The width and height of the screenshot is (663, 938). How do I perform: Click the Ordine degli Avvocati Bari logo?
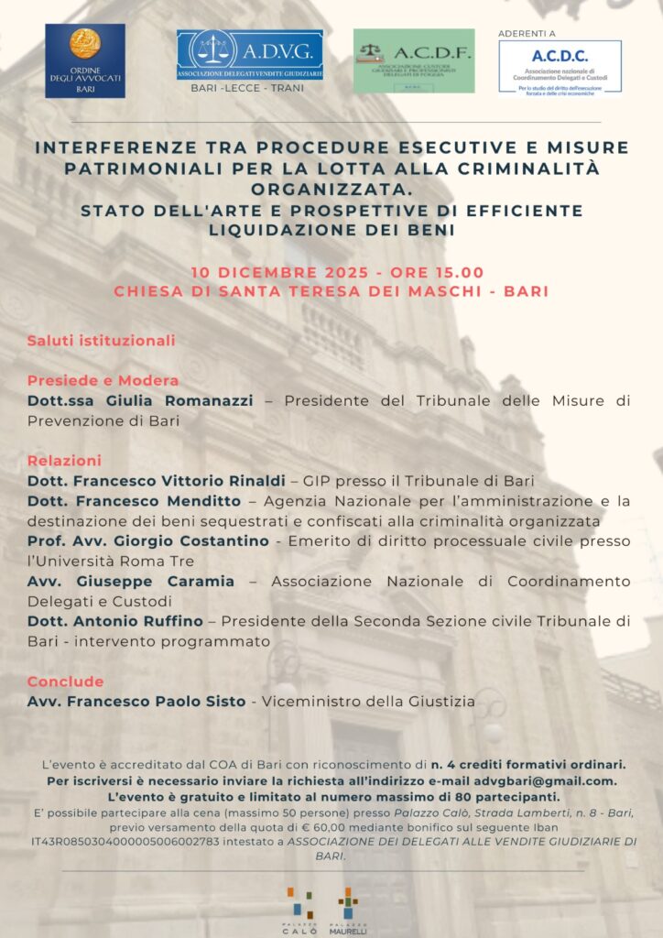pos(85,60)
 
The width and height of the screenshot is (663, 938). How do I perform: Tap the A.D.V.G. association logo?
pos(249,55)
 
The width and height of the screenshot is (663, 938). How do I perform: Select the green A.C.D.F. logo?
pos(414,60)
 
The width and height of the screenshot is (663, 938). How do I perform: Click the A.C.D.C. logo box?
pos(560,66)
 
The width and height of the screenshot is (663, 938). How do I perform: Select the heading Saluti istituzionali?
pos(101,341)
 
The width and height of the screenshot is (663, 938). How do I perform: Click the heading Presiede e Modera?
pos(103,381)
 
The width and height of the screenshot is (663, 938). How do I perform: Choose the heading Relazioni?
pos(64,461)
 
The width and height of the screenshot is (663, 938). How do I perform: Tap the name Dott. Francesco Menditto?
pos(134,501)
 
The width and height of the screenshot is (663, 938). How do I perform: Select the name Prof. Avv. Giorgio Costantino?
pos(148,541)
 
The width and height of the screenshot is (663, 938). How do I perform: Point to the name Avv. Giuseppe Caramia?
pos(131,582)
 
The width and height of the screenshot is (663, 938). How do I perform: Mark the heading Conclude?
pos(65,682)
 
